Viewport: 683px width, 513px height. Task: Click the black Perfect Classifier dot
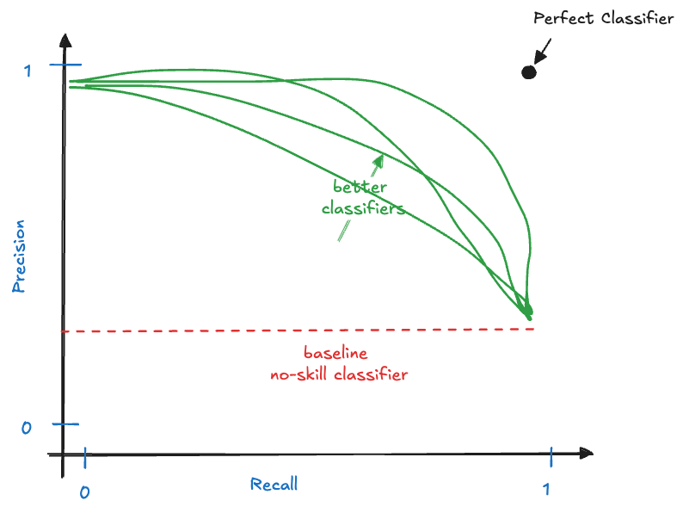(529, 72)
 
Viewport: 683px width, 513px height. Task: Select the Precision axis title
(19, 256)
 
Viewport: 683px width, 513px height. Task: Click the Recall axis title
(274, 484)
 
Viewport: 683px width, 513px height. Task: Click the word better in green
(361, 187)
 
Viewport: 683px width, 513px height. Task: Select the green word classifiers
(363, 208)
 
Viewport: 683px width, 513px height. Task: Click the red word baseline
(335, 353)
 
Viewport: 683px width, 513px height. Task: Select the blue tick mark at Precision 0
(65, 423)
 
